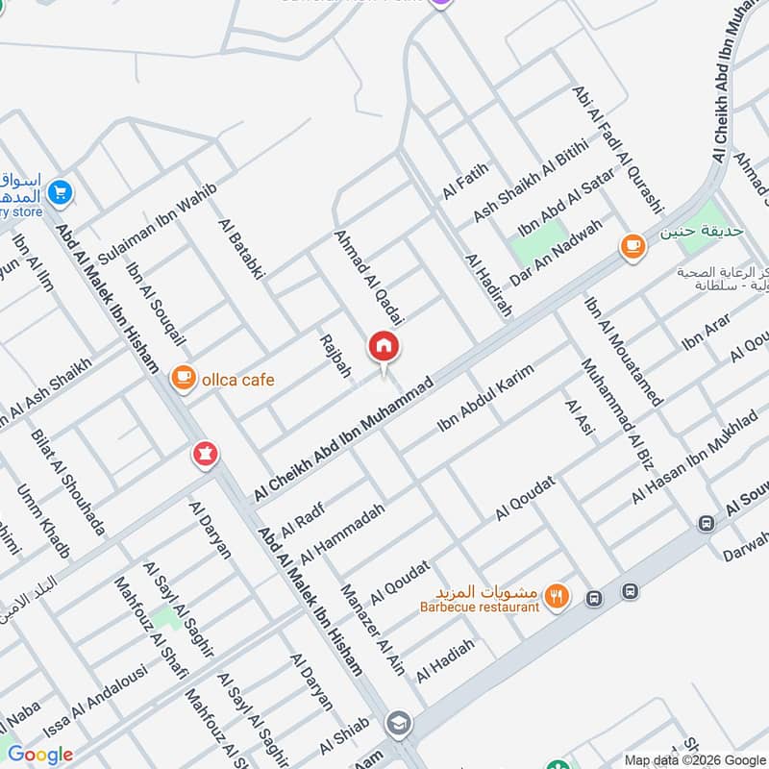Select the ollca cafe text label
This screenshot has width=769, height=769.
(x=237, y=380)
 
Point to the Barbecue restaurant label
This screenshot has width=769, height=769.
(x=480, y=607)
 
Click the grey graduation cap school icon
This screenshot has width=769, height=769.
(x=397, y=724)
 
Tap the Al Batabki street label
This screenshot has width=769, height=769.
(x=240, y=249)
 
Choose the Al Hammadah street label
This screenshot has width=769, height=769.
(x=342, y=534)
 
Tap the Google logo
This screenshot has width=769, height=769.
(x=40, y=755)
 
